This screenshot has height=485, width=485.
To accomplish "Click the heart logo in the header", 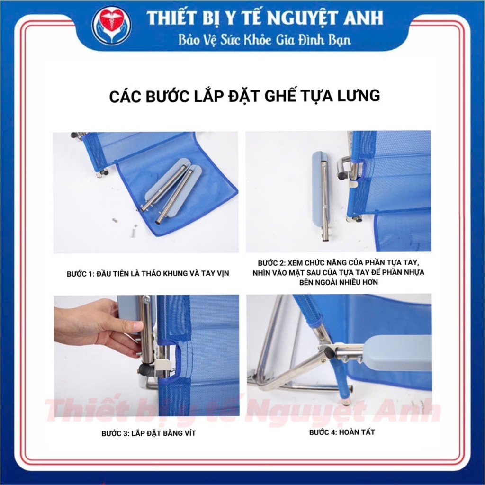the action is pyautogui.click(x=112, y=26).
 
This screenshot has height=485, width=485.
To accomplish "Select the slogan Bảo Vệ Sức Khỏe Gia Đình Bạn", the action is pyautogui.click(x=265, y=40).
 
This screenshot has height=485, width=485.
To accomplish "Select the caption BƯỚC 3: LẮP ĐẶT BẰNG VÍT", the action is pyautogui.click(x=149, y=433).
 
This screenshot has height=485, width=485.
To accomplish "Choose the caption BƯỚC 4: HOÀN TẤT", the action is pyautogui.click(x=342, y=432).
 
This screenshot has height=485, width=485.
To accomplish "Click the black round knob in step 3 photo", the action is pyautogui.click(x=144, y=368).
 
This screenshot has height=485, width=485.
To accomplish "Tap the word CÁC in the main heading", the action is pyautogui.click(x=125, y=96).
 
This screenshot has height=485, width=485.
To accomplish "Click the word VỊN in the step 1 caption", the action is pyautogui.click(x=222, y=273).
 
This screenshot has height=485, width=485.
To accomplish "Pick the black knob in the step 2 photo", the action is pyautogui.click(x=342, y=176).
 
